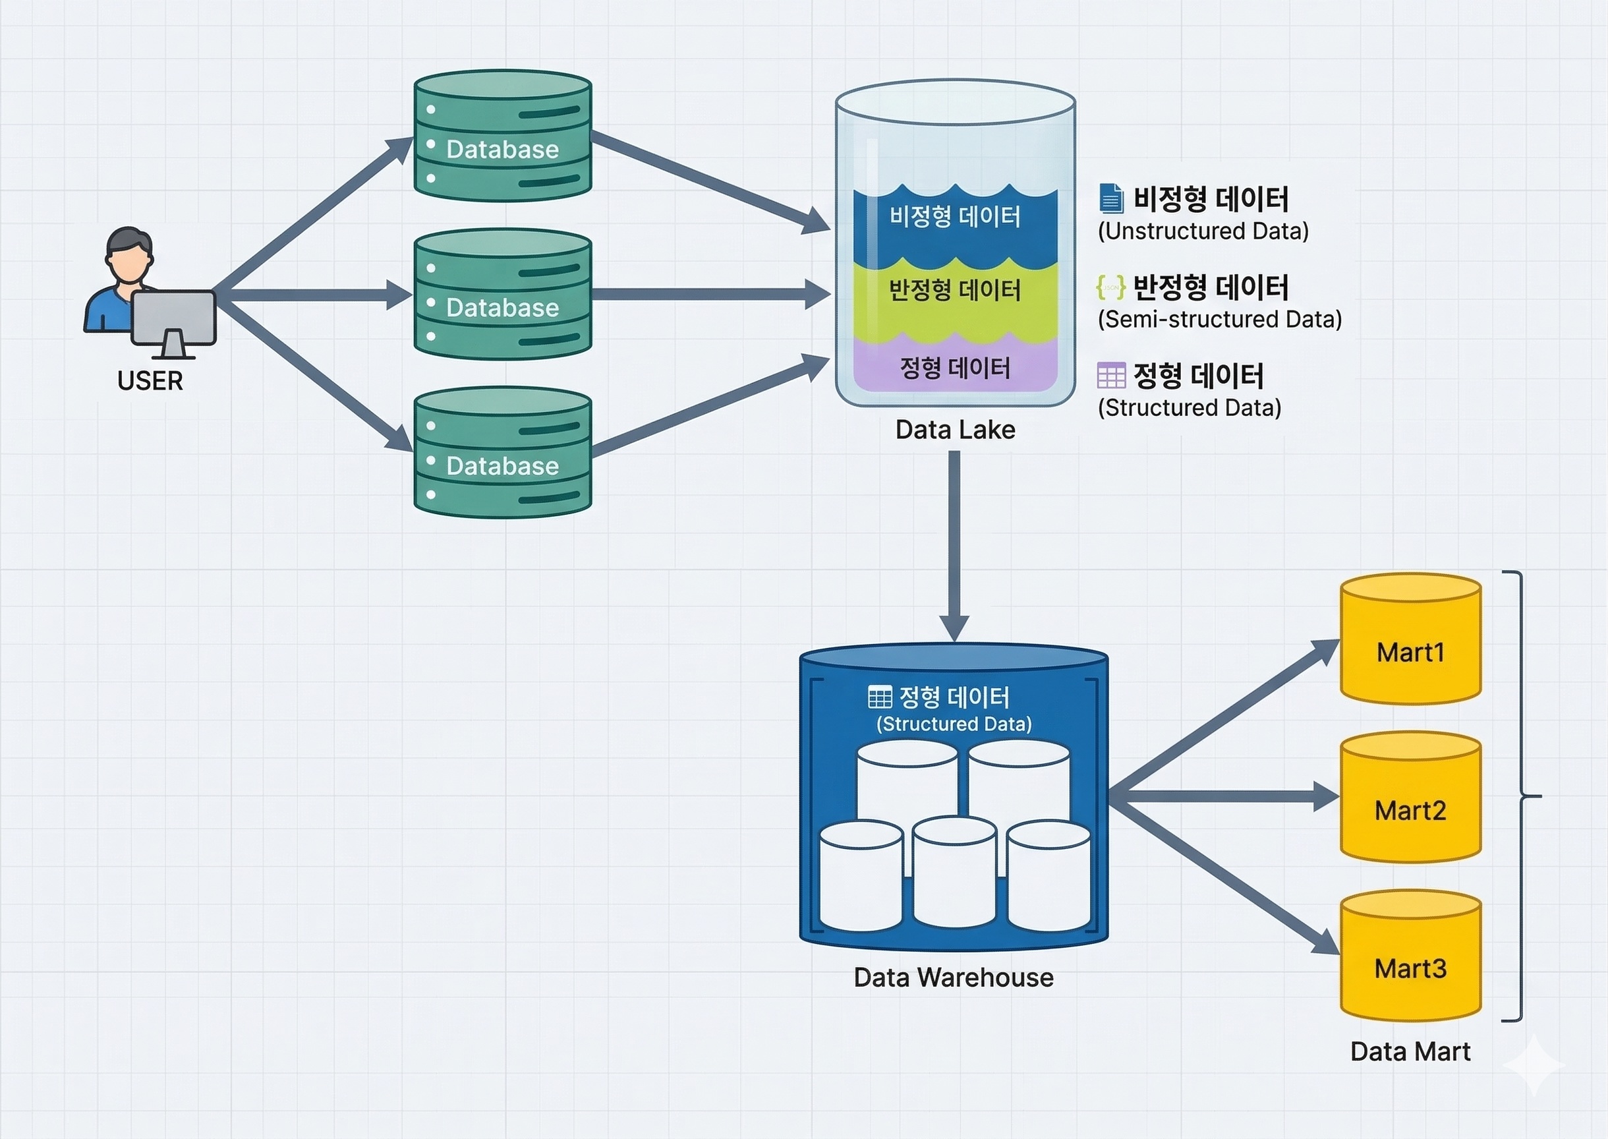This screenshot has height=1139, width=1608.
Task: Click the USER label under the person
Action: point(150,381)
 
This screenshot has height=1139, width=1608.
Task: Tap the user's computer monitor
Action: point(173,317)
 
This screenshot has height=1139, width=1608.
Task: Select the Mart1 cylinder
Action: point(1410,639)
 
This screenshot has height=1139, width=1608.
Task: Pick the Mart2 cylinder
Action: point(1410,798)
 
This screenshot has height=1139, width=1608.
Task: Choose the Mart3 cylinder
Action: point(1410,956)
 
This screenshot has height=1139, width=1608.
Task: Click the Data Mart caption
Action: point(1410,1051)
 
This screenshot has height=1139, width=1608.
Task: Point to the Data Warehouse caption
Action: point(953,977)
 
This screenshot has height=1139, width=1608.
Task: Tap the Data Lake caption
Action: point(955,429)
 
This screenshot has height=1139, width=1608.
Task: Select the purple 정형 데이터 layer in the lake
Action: point(954,368)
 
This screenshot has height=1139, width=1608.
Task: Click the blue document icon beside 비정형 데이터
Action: point(1111,198)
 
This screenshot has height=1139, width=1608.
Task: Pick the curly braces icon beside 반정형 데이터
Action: point(1111,287)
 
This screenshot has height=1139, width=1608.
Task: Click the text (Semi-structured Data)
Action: point(1219,319)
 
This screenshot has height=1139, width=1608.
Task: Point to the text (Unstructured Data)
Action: point(1203,231)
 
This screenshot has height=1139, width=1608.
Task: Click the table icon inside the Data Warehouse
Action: point(879,697)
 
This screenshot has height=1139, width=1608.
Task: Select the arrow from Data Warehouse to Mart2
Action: point(1220,797)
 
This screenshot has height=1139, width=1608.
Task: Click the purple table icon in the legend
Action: point(1111,375)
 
